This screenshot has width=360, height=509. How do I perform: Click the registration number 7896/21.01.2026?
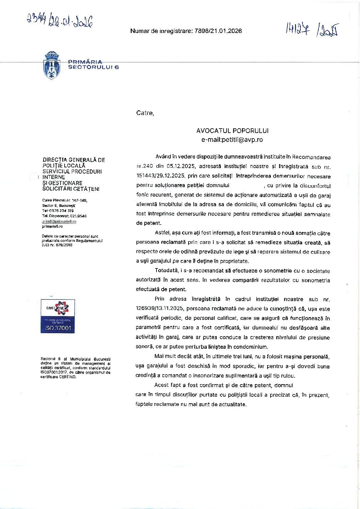tap(218, 31)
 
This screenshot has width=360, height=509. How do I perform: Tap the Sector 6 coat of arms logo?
tap(52, 65)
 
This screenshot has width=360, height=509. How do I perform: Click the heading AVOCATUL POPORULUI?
tap(232, 131)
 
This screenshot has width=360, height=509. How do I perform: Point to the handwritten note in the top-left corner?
tap(60, 21)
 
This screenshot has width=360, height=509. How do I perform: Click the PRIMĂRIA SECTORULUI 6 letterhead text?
tap(93, 64)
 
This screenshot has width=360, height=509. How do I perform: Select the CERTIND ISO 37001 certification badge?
tap(58, 316)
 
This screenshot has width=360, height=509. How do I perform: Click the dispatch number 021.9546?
tap(78, 216)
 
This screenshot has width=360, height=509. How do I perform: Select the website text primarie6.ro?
tap(52, 226)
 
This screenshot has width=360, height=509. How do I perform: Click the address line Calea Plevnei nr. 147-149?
tap(65, 200)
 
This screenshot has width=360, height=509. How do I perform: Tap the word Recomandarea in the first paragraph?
tap(311, 157)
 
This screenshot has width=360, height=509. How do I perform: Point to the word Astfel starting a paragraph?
tap(162, 233)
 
